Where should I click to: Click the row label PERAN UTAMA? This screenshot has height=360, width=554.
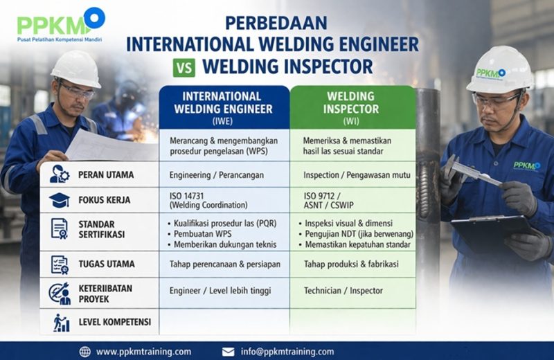click(x=106, y=174)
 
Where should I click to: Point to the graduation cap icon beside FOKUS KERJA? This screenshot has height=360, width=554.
click(x=60, y=201)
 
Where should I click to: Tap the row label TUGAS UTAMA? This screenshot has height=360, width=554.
click(x=107, y=264)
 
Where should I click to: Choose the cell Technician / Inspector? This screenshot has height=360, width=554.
click(x=343, y=291)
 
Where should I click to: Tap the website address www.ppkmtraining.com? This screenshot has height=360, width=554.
click(x=143, y=351)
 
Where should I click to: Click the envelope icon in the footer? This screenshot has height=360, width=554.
click(x=228, y=351)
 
